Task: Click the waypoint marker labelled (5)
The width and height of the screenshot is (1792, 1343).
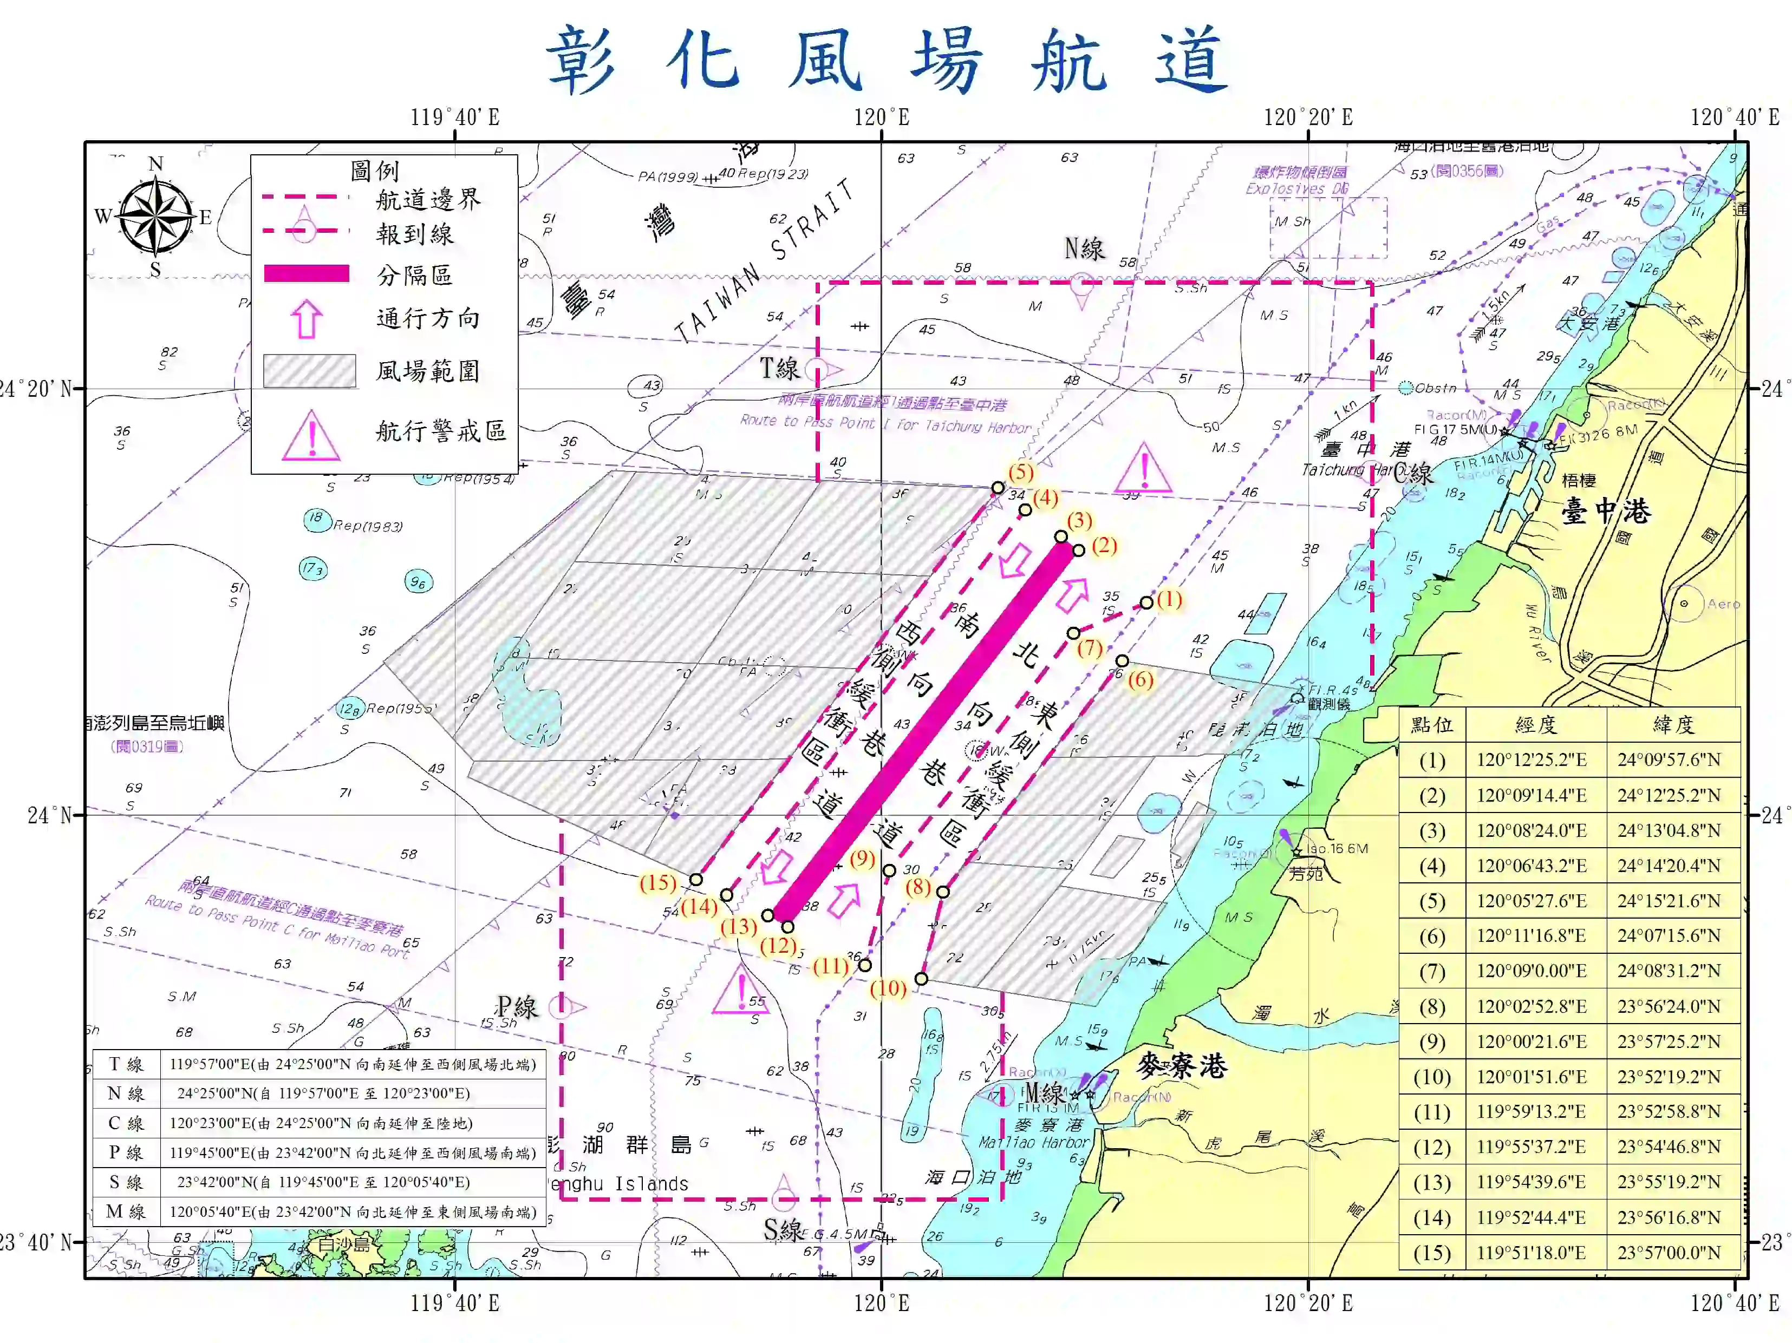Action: [x=998, y=488]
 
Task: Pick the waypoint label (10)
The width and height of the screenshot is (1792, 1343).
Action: [x=888, y=988]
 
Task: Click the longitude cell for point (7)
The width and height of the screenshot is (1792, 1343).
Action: [x=1535, y=971]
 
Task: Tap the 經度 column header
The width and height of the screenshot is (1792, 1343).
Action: [x=1535, y=724]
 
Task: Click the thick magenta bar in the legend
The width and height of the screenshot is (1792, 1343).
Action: [x=306, y=274]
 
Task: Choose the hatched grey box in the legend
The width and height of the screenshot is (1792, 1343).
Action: [x=309, y=371]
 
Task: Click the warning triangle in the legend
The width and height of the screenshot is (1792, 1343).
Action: [x=310, y=435]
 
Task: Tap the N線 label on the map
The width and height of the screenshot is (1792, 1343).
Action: [x=1084, y=248]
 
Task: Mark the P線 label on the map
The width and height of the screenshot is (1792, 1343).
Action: [x=516, y=1007]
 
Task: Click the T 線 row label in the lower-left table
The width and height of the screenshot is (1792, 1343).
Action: [x=126, y=1064]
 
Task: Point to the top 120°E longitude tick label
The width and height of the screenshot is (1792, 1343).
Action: [x=882, y=117]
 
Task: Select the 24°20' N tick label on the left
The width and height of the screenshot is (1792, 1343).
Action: [x=36, y=389]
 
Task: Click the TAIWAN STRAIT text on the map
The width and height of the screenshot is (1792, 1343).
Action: [x=764, y=261]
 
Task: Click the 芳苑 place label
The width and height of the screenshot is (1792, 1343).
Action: [x=1305, y=873]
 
